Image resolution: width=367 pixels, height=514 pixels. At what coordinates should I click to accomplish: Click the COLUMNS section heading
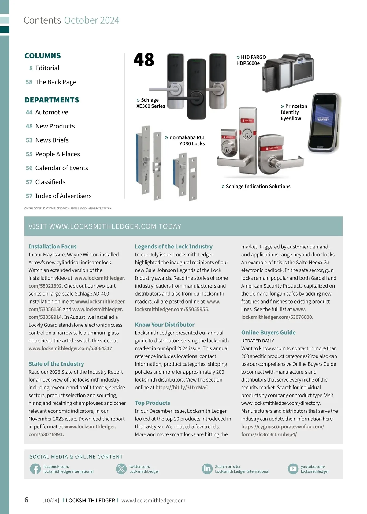(x=43, y=56)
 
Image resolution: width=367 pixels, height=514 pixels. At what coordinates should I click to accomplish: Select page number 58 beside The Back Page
(x=29, y=82)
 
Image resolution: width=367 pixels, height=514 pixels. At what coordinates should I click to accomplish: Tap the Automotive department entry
(x=51, y=112)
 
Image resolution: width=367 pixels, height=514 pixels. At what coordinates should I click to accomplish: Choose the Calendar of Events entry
(x=61, y=168)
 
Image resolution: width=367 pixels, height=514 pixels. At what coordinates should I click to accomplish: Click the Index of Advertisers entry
(x=63, y=196)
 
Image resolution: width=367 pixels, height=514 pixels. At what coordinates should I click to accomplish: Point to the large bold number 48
(x=144, y=60)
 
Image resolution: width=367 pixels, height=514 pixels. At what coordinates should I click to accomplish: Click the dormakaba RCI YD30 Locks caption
(x=187, y=140)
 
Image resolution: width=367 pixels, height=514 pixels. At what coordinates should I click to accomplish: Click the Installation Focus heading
(x=52, y=247)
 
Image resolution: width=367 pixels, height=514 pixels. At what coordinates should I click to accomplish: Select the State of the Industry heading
(x=56, y=364)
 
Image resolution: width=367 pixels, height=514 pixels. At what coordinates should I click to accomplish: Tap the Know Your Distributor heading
(x=165, y=325)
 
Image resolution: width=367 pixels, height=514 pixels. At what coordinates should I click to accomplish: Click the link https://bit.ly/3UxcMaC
(x=182, y=387)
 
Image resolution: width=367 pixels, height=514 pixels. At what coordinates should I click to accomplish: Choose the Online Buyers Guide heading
(x=268, y=333)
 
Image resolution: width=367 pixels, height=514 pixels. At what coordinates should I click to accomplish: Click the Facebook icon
(x=35, y=469)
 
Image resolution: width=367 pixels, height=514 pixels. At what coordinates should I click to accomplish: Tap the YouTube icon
(x=293, y=469)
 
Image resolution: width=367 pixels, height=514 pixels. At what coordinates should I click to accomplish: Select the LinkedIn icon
(x=207, y=469)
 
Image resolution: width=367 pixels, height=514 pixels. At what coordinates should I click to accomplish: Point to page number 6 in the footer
(x=26, y=500)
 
